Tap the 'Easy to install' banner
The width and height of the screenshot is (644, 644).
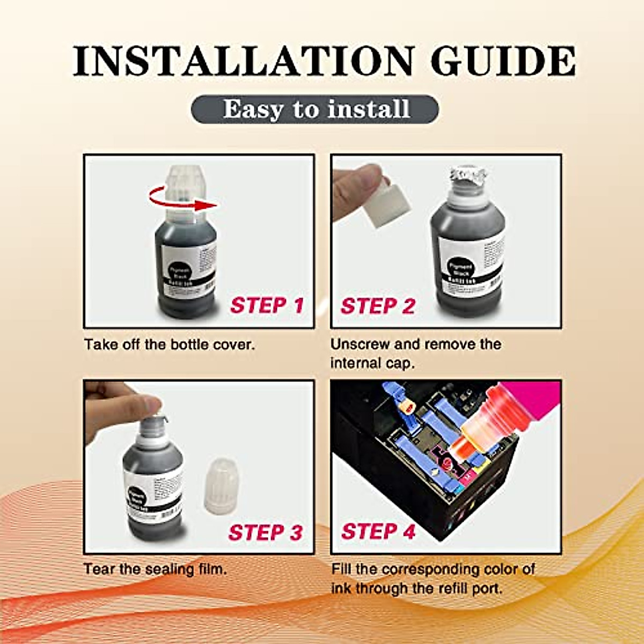(315, 109)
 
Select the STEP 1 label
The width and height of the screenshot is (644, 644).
(267, 305)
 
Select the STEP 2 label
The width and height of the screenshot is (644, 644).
(378, 306)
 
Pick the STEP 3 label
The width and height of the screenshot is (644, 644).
(265, 532)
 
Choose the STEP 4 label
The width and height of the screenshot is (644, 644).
(378, 531)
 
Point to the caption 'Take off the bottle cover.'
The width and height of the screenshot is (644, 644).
(169, 345)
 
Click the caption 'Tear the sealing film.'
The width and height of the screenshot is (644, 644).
(155, 569)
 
